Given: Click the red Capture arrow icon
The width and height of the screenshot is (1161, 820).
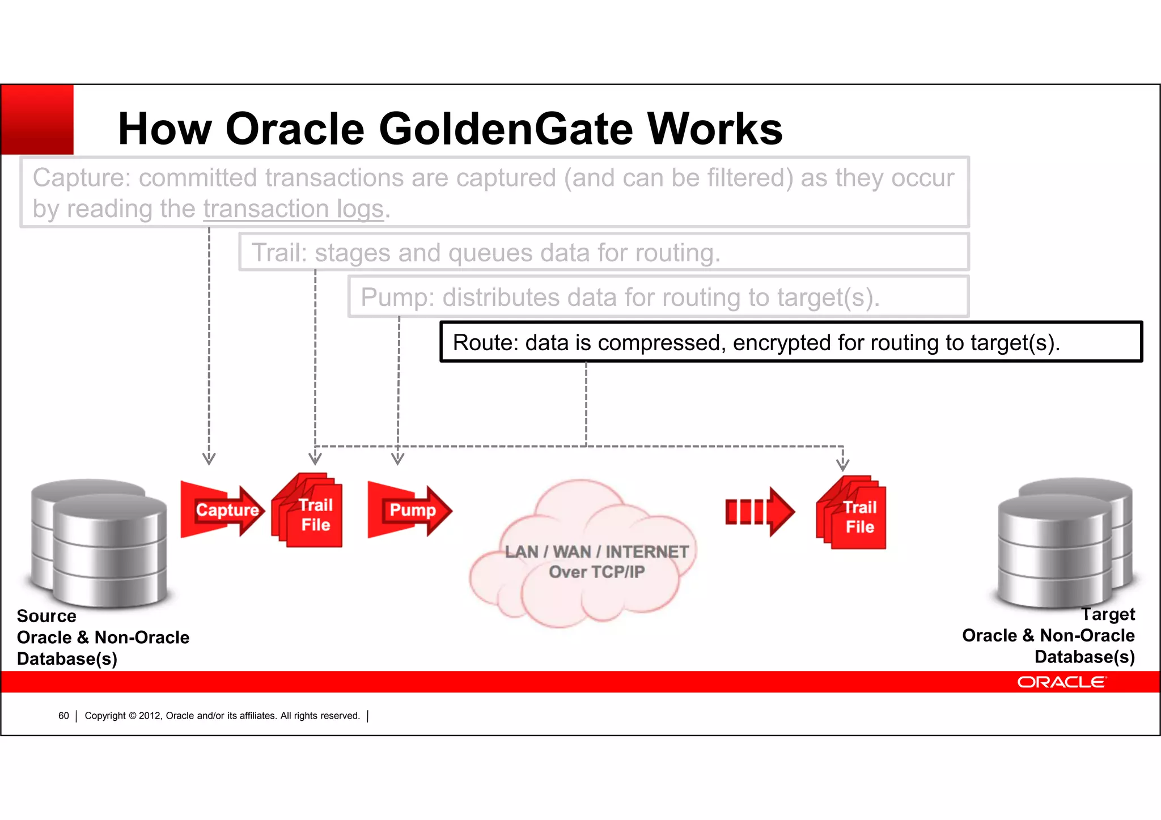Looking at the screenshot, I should click(x=222, y=510).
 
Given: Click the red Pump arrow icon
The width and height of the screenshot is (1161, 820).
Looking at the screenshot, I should click(x=409, y=510).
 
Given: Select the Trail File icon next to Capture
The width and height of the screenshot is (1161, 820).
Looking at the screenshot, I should click(x=308, y=510).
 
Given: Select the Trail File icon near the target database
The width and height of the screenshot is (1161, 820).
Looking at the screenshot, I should click(x=852, y=512).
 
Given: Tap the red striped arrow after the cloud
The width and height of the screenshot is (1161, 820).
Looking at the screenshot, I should click(x=760, y=512).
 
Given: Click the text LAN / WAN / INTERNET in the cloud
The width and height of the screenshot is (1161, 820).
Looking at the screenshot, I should click(x=596, y=551).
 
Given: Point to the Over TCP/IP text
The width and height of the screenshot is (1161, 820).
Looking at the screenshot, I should click(x=596, y=572).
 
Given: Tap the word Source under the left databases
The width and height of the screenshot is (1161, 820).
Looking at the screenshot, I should click(x=46, y=616).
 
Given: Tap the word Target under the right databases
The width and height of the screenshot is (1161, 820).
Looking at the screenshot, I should click(x=1108, y=614).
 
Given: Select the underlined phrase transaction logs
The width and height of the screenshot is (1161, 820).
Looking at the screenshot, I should click(x=294, y=209).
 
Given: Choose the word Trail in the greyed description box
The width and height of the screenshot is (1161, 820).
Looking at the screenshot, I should click(x=278, y=253).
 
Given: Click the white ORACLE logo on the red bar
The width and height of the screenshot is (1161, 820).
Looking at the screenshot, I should click(x=1061, y=682).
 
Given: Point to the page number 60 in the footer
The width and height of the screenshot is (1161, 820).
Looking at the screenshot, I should click(x=63, y=716).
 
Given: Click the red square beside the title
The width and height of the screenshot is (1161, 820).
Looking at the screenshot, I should click(x=37, y=119).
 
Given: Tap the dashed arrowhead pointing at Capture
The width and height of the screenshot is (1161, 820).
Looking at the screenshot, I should click(x=209, y=459).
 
